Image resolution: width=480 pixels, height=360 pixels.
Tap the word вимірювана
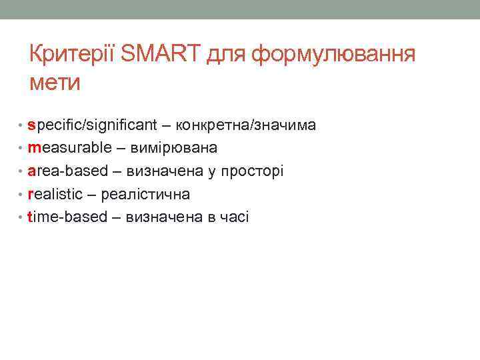point(175,148)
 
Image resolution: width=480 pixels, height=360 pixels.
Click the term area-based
point(67,171)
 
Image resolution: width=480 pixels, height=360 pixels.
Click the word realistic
point(55,194)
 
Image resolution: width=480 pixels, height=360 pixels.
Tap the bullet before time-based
point(21,217)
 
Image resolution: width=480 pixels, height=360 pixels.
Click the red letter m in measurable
point(34,148)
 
